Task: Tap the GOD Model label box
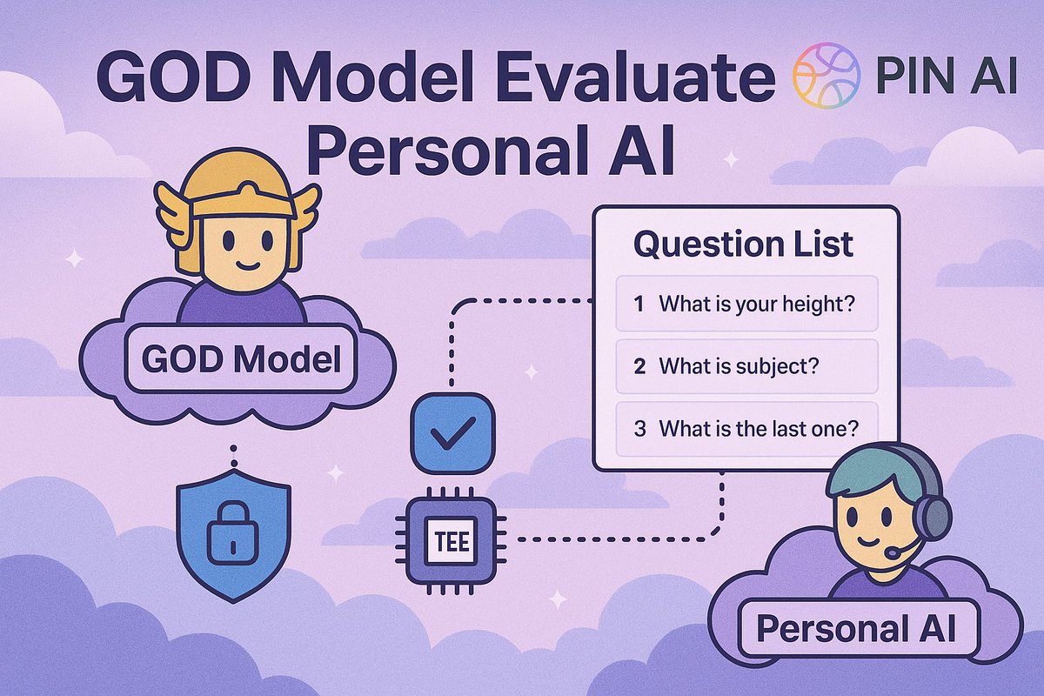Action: pyautogui.click(x=241, y=359)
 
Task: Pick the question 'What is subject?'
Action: pyautogui.click(x=746, y=366)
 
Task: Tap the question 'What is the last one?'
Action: pyautogui.click(x=746, y=428)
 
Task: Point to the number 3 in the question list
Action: pyautogui.click(x=640, y=428)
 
